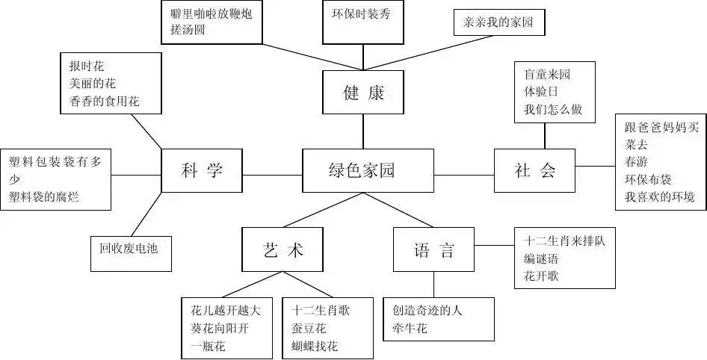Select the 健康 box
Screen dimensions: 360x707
click(x=363, y=93)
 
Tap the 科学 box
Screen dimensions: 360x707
click(x=202, y=171)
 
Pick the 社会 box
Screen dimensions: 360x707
click(x=535, y=171)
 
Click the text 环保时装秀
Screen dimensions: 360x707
click(x=362, y=13)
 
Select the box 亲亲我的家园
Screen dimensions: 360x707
click(x=499, y=22)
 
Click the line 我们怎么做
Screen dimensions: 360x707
click(x=553, y=109)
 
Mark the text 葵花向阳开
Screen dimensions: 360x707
click(x=220, y=328)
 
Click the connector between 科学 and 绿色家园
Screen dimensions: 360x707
click(x=272, y=176)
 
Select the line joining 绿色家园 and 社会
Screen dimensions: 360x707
click(x=463, y=176)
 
